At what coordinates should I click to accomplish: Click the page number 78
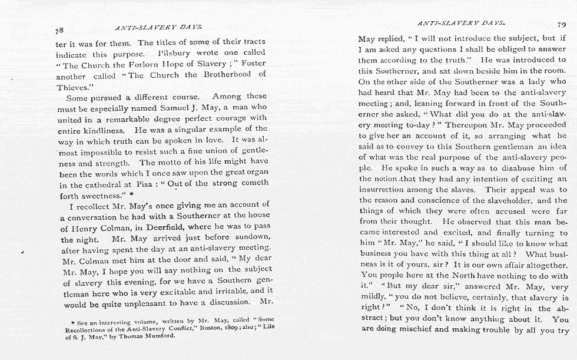pos(59,30)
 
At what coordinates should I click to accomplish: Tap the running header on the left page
pos(158,27)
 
